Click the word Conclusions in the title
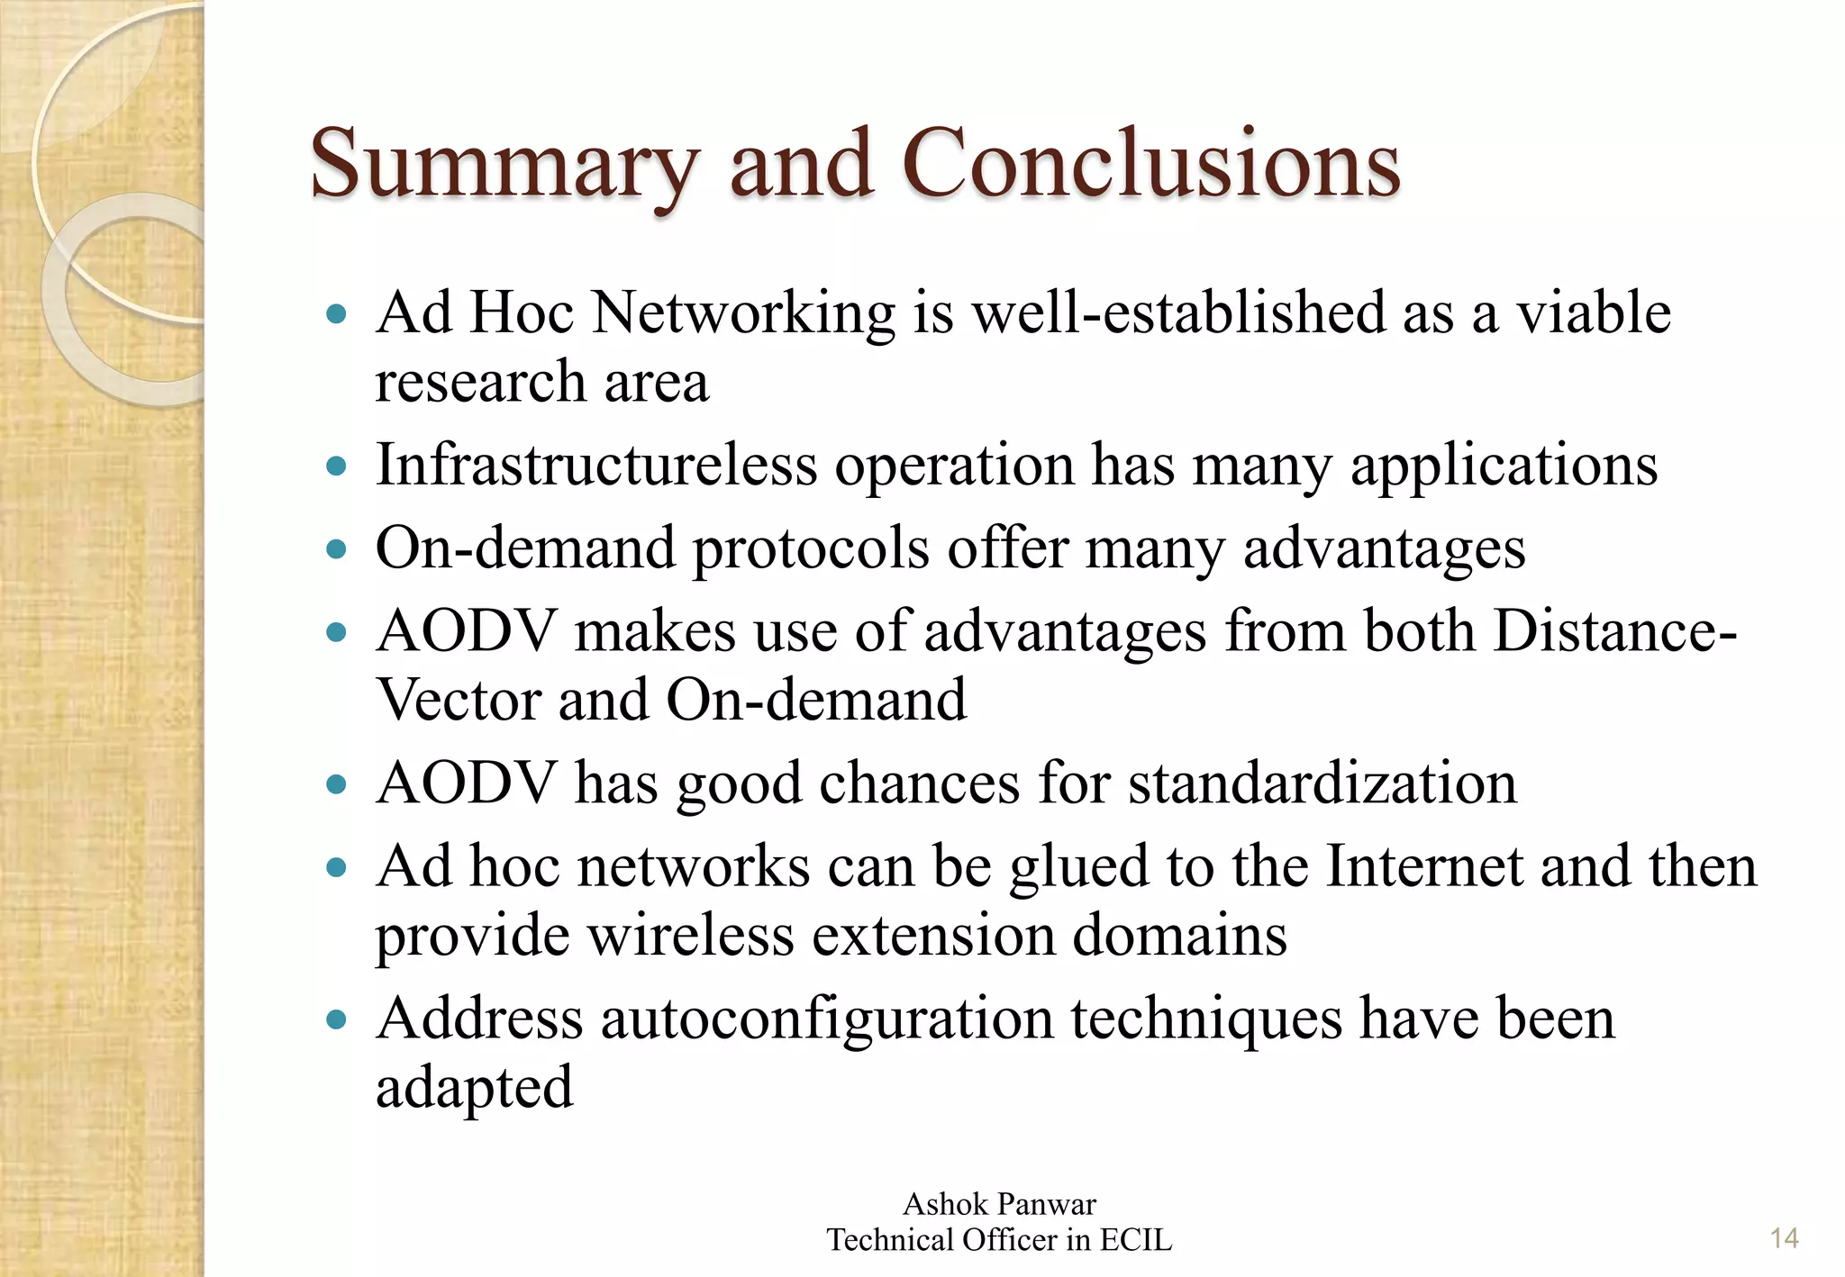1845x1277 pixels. pos(1150,164)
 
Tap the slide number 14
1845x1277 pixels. pos(1784,1238)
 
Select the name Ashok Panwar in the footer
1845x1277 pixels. pos(999,1204)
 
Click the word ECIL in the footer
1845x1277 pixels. pos(1135,1240)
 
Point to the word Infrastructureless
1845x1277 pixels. pos(595,466)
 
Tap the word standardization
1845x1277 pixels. pos(1322,783)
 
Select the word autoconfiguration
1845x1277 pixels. pos(827,1019)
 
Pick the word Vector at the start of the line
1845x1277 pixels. pos(457,700)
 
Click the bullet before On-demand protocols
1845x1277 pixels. pos(336,549)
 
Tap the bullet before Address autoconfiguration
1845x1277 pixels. pos(336,1020)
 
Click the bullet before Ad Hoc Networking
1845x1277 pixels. pos(336,314)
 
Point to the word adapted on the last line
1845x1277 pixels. pos(474,1088)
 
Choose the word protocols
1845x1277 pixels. pos(810,548)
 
